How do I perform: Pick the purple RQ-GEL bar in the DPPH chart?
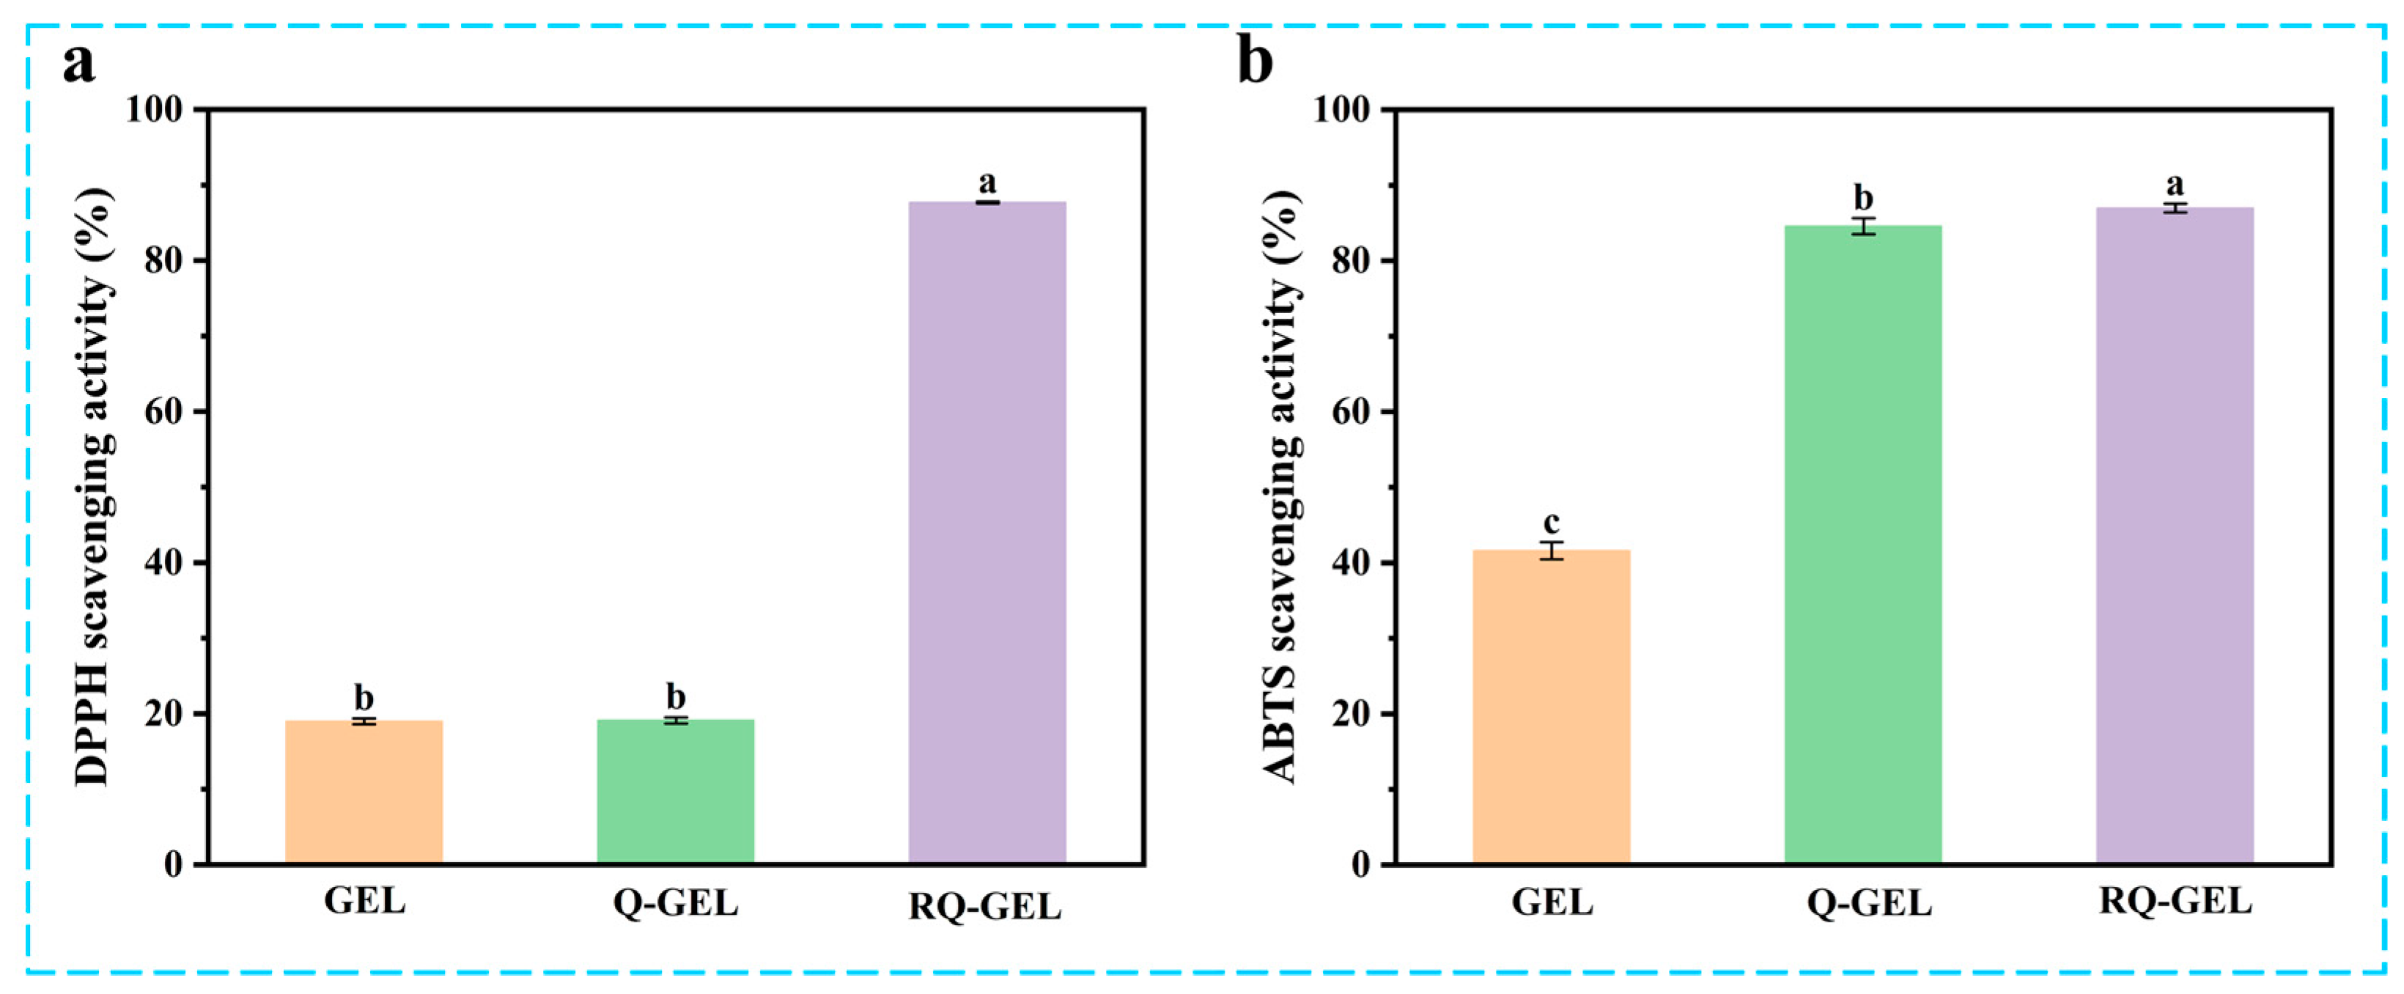click(987, 532)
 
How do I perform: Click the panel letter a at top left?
click(79, 64)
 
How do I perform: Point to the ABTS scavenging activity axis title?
click(1281, 485)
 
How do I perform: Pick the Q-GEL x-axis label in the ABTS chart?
click(1869, 902)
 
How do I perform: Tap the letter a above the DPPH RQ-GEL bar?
click(987, 181)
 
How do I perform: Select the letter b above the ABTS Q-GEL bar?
click(1862, 197)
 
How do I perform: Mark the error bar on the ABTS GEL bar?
click(1551, 551)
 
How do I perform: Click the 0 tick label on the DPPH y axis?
click(174, 864)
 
